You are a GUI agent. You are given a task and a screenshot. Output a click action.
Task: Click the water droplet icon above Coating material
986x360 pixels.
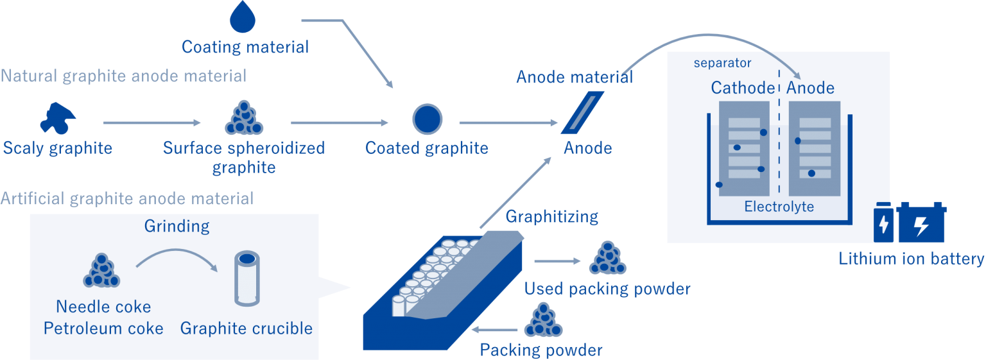tap(243, 17)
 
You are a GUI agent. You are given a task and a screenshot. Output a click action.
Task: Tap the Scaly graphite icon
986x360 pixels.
tap(58, 117)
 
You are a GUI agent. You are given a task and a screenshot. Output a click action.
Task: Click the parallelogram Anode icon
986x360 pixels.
tap(583, 112)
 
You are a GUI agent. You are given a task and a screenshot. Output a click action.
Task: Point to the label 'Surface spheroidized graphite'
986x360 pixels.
tap(244, 157)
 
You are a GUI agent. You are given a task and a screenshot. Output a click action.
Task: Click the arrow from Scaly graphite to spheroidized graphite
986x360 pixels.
tap(152, 123)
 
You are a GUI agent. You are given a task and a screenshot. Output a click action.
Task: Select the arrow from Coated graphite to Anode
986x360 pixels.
tap(507, 123)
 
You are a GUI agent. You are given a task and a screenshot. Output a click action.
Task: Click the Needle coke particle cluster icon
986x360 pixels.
tap(102, 270)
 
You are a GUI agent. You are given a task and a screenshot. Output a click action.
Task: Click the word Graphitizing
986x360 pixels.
tap(551, 217)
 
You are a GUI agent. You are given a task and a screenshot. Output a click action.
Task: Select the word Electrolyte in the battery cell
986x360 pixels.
tap(779, 207)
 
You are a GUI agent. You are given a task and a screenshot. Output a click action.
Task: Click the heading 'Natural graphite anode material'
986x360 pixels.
tap(123, 76)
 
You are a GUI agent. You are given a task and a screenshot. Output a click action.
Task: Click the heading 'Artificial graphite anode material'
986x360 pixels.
tap(127, 198)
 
